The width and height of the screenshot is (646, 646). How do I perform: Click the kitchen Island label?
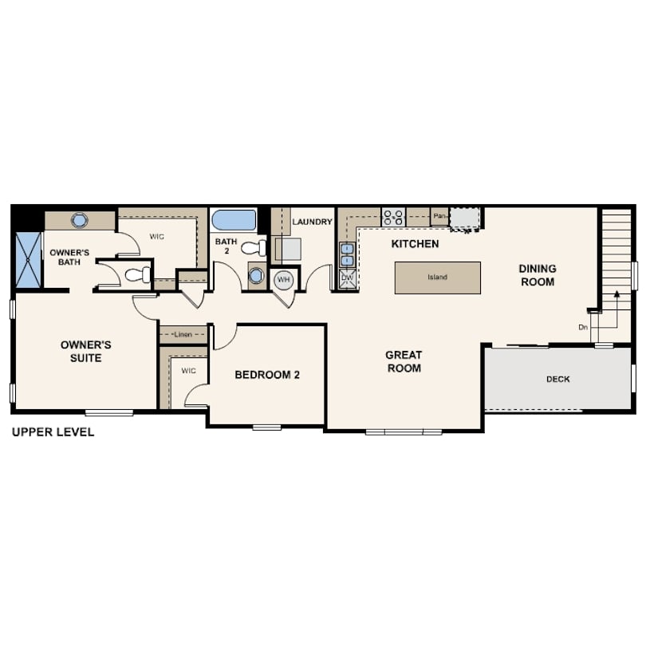(x=437, y=278)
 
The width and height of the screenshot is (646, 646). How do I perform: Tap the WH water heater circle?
(x=283, y=280)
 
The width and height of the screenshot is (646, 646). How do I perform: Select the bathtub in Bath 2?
(x=234, y=220)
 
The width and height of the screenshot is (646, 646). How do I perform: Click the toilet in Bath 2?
(x=254, y=247)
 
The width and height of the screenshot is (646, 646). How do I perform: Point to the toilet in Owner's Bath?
(x=138, y=275)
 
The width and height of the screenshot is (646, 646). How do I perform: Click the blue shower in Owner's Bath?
(x=29, y=259)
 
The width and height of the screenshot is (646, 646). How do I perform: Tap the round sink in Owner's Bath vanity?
(x=79, y=220)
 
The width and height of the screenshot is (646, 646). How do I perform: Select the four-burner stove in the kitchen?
(x=393, y=217)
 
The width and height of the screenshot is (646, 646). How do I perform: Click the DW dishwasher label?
(x=347, y=278)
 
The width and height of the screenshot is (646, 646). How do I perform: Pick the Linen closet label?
(x=183, y=334)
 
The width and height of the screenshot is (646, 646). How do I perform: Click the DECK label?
(x=557, y=379)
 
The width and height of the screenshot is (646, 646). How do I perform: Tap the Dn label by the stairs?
(x=583, y=328)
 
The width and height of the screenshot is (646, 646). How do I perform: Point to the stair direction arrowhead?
(x=616, y=293)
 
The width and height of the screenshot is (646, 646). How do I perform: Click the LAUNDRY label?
(x=313, y=222)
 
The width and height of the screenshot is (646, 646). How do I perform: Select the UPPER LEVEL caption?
(x=53, y=431)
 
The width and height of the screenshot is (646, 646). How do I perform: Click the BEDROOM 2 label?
(x=267, y=375)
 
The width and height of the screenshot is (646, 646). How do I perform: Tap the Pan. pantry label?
(x=439, y=216)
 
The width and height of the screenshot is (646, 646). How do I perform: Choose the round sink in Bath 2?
(x=255, y=276)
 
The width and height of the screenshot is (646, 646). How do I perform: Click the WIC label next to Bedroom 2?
(x=189, y=371)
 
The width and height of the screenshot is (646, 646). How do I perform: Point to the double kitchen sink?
(x=347, y=255)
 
